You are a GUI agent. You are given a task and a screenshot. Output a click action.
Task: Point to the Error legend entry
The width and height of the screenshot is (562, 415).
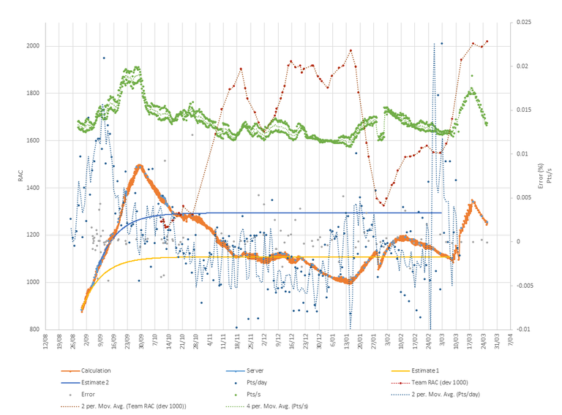point(91,394)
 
